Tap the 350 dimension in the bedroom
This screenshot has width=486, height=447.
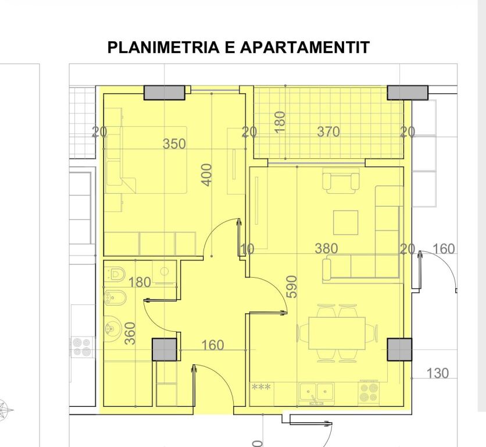(x=174, y=144)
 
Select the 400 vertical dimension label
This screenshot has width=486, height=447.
(x=207, y=175)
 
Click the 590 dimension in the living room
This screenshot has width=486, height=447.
(x=292, y=286)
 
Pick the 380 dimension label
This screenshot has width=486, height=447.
(x=326, y=249)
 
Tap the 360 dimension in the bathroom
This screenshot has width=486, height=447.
(x=131, y=334)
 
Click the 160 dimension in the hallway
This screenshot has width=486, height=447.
(x=212, y=345)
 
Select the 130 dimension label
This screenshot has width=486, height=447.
(x=438, y=373)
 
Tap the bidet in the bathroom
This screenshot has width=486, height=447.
(x=110, y=299)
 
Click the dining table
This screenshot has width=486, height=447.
(x=337, y=332)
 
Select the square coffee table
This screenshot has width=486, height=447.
(x=346, y=221)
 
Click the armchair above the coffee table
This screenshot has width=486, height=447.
(x=341, y=181)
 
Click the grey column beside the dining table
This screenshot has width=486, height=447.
(x=399, y=349)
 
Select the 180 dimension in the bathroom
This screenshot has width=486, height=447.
(x=140, y=283)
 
